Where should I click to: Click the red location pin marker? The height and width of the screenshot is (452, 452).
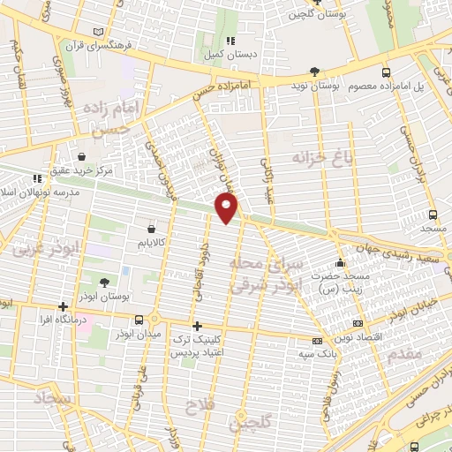pos(228,207)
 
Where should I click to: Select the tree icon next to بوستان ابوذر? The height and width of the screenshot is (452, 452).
pos(105,282)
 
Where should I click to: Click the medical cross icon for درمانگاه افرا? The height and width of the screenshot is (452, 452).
pos(63,308)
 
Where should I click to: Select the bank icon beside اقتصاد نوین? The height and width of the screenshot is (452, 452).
pos(357,323)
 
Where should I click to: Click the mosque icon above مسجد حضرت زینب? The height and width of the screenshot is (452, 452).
pos(341,262)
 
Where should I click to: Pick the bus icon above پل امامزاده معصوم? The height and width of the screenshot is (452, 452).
pos(385,72)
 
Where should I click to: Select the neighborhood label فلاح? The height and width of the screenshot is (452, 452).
pos(197,406)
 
